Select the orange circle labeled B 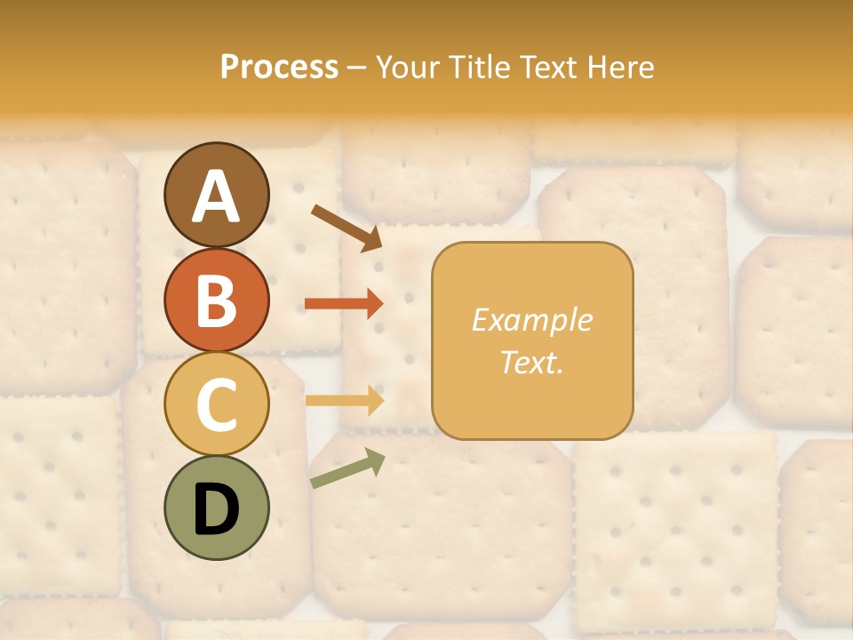tap(216, 300)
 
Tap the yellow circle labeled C tap(216, 404)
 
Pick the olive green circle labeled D tap(216, 508)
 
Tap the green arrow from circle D tap(347, 469)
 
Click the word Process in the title tap(279, 68)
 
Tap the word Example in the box tap(531, 320)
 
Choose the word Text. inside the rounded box tap(531, 363)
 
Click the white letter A tap(216, 197)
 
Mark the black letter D tap(216, 509)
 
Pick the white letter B tap(216, 300)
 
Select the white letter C tap(216, 404)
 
